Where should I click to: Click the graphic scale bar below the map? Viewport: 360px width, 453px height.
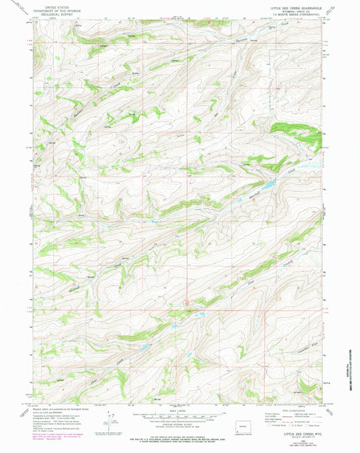pyautogui.click(x=180, y=415)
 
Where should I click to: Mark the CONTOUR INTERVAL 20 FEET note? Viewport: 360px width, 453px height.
pyautogui.click(x=180, y=423)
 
